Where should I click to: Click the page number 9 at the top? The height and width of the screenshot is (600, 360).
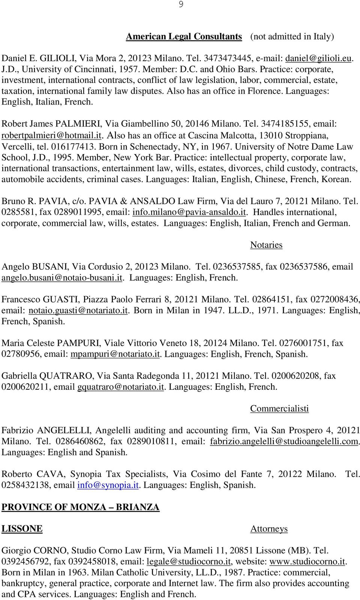(x=181, y=4)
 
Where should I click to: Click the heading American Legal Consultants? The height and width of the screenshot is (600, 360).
(x=184, y=36)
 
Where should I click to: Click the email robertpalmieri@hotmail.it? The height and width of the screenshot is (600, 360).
(x=52, y=135)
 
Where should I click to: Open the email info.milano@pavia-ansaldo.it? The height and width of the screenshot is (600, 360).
(x=189, y=212)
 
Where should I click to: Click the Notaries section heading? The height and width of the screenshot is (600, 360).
(x=266, y=245)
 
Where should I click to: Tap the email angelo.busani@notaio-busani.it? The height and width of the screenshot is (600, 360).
(x=62, y=278)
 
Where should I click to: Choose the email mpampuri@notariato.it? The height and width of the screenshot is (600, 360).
(x=115, y=354)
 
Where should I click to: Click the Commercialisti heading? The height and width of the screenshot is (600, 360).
(x=279, y=408)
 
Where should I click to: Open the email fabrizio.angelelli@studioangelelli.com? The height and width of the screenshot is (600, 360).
(x=284, y=441)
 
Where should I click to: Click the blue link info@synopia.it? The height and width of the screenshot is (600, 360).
(x=108, y=485)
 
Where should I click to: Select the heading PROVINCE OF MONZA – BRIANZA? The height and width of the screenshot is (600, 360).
(x=80, y=507)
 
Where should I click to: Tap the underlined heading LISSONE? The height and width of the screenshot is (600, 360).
(x=22, y=529)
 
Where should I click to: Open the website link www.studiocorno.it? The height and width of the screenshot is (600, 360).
(x=307, y=562)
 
